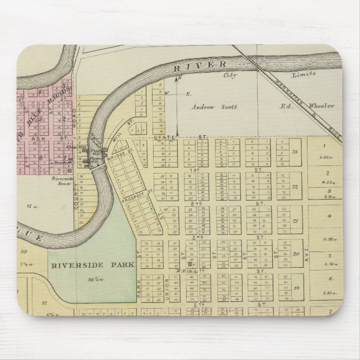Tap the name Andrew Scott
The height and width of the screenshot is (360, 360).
(215, 106)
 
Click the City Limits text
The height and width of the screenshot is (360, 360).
(268, 74)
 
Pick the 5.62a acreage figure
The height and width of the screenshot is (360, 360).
(324, 158)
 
